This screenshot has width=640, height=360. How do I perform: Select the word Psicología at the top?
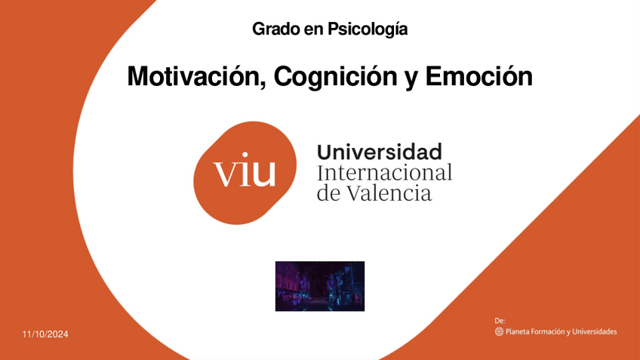(x=368, y=29)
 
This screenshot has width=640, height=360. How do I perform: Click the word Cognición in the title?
(x=335, y=76)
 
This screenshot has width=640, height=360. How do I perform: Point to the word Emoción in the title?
(x=478, y=76)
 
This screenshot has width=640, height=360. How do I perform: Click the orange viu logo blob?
(x=245, y=173)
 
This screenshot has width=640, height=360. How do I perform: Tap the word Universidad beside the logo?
(x=379, y=152)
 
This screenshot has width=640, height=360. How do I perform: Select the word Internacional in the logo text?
(x=384, y=173)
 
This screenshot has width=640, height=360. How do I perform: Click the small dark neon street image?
(x=320, y=286)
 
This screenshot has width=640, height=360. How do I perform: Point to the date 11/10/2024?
(x=45, y=334)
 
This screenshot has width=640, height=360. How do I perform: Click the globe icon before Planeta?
(x=499, y=332)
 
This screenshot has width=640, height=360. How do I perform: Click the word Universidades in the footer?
(x=594, y=332)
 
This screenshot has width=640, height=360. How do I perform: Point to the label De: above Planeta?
(x=500, y=321)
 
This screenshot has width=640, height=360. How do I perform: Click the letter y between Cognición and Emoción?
(x=411, y=78)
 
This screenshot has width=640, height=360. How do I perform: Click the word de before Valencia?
(x=329, y=193)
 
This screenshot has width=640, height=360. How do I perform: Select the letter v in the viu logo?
(x=225, y=174)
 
